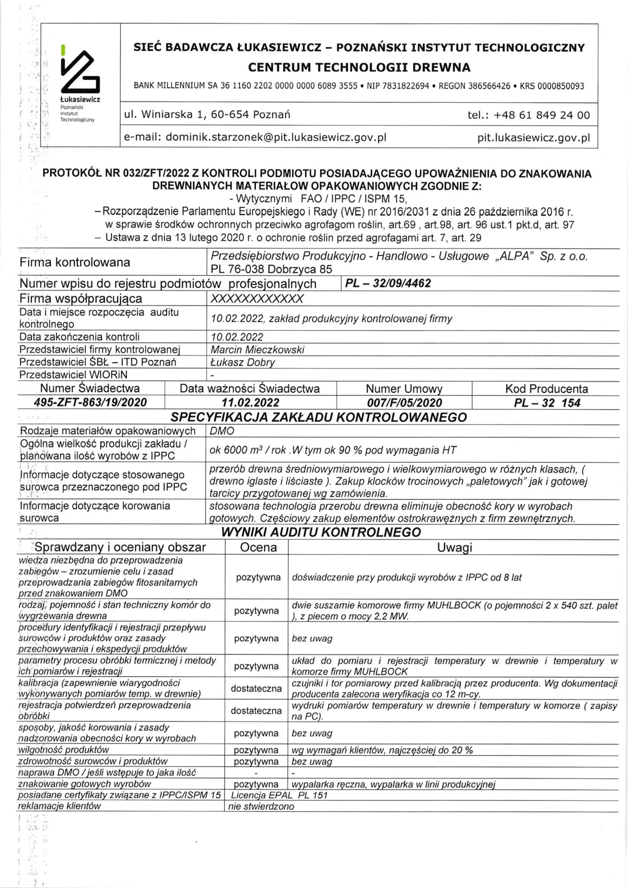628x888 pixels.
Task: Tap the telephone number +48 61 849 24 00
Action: click(542, 115)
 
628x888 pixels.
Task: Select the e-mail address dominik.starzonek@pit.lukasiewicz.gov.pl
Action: click(276, 137)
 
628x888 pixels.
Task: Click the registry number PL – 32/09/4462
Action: click(388, 283)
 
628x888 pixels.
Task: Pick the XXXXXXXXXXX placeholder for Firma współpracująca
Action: click(257, 299)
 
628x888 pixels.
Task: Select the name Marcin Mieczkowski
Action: click(257, 350)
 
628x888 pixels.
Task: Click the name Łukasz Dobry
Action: click(243, 362)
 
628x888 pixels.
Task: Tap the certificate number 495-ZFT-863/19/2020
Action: click(91, 403)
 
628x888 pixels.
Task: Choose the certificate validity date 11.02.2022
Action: click(251, 403)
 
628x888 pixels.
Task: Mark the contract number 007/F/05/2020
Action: click(404, 403)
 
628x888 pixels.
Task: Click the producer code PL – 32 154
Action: click(547, 403)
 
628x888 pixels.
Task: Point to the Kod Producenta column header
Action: click(546, 389)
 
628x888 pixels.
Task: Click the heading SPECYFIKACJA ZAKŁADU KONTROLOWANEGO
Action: click(319, 417)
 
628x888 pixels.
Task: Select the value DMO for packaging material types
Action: click(222, 431)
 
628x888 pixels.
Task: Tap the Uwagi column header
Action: click(454, 547)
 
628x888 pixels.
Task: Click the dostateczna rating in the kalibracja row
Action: click(256, 689)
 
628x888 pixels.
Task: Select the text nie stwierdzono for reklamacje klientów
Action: click(261, 806)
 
